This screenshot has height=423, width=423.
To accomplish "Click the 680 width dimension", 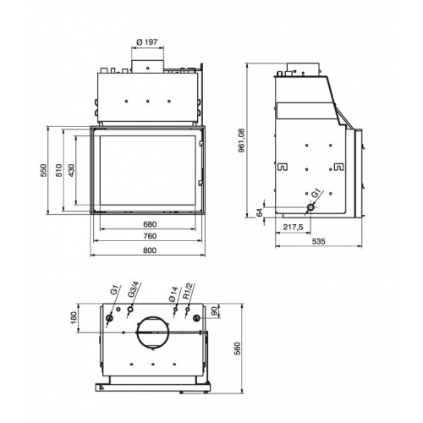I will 149,224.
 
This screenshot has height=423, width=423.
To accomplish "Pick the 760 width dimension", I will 149,237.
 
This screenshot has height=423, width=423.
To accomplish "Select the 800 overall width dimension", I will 149,250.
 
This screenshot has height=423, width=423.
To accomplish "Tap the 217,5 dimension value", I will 293,226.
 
